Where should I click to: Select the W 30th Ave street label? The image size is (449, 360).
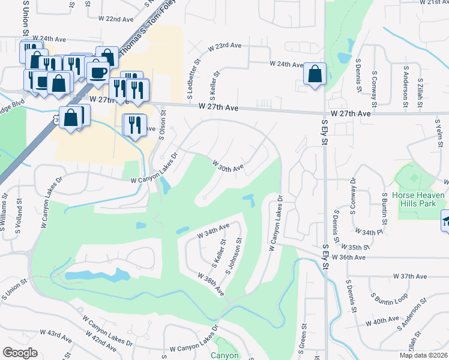pos(228,165)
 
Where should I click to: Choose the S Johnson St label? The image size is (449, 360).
pos(233,257)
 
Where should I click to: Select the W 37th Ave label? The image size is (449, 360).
pos(409,276)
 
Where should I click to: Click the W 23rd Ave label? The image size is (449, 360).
pos(224,47)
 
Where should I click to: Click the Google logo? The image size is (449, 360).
pos(20,353)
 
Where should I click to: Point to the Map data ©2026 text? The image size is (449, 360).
pos(423,355)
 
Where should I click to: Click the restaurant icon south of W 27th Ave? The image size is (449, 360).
pos(133,124)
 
